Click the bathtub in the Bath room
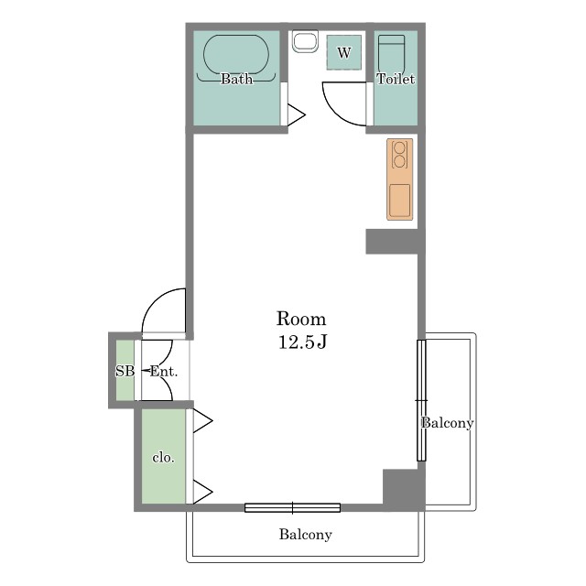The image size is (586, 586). point(236,54)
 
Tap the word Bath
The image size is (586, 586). point(236,79)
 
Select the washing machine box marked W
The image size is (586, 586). point(344,52)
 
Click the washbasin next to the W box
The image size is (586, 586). point(305,41)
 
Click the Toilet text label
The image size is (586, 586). point(396,79)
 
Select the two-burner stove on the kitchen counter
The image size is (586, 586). point(399,155)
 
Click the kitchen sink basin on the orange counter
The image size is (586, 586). point(399,201)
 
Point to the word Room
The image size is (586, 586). point(301,319)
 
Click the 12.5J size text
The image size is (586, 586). point(303,342)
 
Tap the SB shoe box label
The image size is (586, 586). point(125,371)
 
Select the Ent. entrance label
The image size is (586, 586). point(164,372)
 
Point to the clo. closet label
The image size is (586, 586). point(164,458)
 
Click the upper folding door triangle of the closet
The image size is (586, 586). point(202,421)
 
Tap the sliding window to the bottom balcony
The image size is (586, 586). point(293,507)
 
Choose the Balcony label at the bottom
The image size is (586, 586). point(305,535)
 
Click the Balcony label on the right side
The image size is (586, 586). point(448,423)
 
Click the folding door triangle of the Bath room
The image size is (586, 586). point(297,114)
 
